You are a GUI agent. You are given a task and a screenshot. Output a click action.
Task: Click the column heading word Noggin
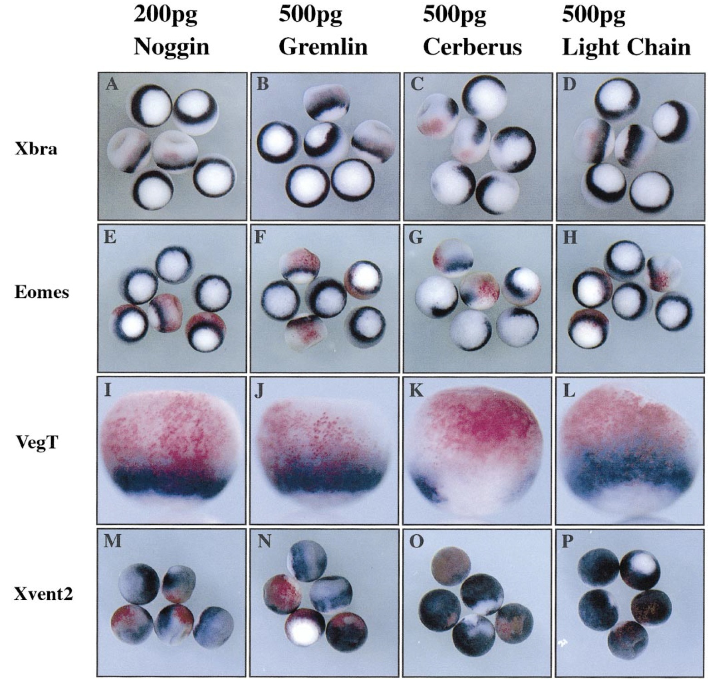coord(171,46)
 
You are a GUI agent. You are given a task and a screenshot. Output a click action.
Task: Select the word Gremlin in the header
coord(323,46)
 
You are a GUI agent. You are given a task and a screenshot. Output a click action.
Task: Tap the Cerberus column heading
coord(472,46)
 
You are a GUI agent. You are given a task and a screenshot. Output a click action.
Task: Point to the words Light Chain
coord(626,46)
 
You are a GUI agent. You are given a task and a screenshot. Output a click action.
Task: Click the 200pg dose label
coord(165,16)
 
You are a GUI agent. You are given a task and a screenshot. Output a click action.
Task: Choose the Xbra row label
coord(36,149)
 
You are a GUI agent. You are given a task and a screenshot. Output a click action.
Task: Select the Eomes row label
coord(42,292)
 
